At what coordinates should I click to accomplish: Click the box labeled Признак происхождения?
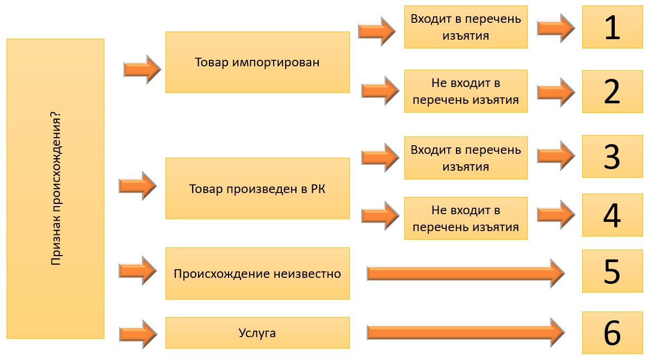tap(55, 188)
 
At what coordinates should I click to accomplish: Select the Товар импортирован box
tap(257, 62)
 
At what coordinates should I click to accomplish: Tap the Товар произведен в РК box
tap(257, 188)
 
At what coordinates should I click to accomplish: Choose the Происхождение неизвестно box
tap(257, 273)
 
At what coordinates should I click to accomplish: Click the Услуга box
tap(257, 333)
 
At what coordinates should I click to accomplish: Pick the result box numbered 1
tap(612, 27)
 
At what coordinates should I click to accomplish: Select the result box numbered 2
tap(612, 91)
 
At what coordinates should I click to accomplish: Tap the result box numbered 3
tap(612, 156)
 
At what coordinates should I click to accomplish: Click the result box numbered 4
tap(612, 215)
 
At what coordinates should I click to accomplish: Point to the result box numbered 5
tap(612, 271)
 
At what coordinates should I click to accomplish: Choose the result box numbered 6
tap(612, 332)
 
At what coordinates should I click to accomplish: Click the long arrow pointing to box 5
tap(465, 273)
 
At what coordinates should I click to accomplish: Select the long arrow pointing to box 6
tap(465, 332)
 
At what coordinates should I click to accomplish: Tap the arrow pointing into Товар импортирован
tap(142, 69)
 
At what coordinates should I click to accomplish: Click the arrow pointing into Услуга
tap(138, 333)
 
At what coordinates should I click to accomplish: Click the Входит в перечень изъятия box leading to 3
tap(466, 158)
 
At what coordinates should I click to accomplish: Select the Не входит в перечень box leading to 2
tap(466, 91)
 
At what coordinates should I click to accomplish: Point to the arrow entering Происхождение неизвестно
tap(138, 270)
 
